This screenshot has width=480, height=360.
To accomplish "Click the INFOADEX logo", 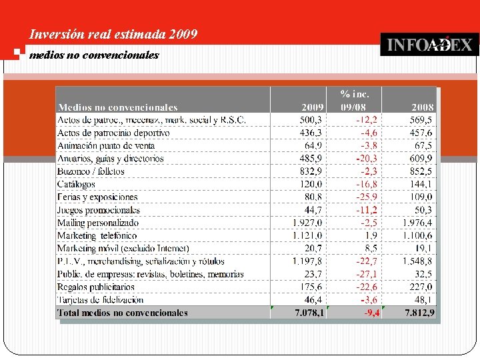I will click(429, 45).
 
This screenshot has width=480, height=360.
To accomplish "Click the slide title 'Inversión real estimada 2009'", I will click(114, 34).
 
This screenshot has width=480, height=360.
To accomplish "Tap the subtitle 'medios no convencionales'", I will click(94, 55).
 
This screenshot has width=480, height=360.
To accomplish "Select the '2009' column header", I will click(313, 107).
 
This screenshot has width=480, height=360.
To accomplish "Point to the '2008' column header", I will click(422, 107).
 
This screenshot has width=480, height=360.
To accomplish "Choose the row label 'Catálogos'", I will click(76, 184).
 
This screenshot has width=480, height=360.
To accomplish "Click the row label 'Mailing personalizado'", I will click(98, 223).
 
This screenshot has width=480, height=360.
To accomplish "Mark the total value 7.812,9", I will click(419, 313).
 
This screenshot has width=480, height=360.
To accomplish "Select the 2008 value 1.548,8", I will click(417, 261).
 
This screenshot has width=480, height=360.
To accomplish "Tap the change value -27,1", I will click(366, 274).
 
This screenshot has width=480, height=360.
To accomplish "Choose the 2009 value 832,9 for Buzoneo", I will click(311, 171).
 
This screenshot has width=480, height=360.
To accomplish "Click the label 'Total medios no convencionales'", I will click(123, 313).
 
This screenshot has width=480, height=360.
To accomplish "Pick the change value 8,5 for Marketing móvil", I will click(370, 249).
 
